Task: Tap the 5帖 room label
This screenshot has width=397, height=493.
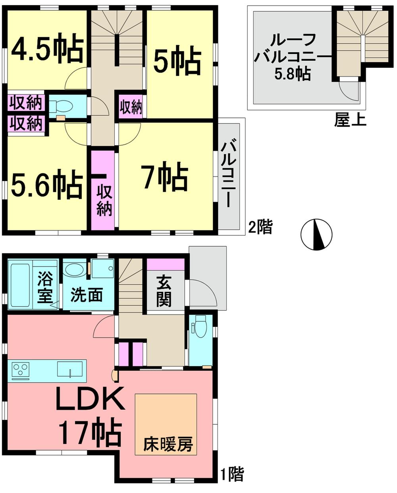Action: [x=177, y=62]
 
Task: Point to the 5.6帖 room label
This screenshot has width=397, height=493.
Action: [x=47, y=184]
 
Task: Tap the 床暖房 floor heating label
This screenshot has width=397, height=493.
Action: [x=168, y=444]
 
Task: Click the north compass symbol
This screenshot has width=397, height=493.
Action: [x=316, y=234]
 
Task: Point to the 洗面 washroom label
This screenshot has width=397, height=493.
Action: [x=87, y=295]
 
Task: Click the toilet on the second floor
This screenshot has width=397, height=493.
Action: [x=63, y=106]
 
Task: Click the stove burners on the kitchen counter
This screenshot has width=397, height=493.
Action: [x=19, y=370]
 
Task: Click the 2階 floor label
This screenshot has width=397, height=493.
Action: [x=260, y=227]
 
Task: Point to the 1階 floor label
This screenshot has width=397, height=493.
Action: [x=232, y=474]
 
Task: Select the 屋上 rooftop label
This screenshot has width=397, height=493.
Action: [x=350, y=119]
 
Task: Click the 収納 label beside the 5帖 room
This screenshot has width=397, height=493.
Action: [x=131, y=107]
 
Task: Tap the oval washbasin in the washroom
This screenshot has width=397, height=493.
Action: [x=74, y=270]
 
